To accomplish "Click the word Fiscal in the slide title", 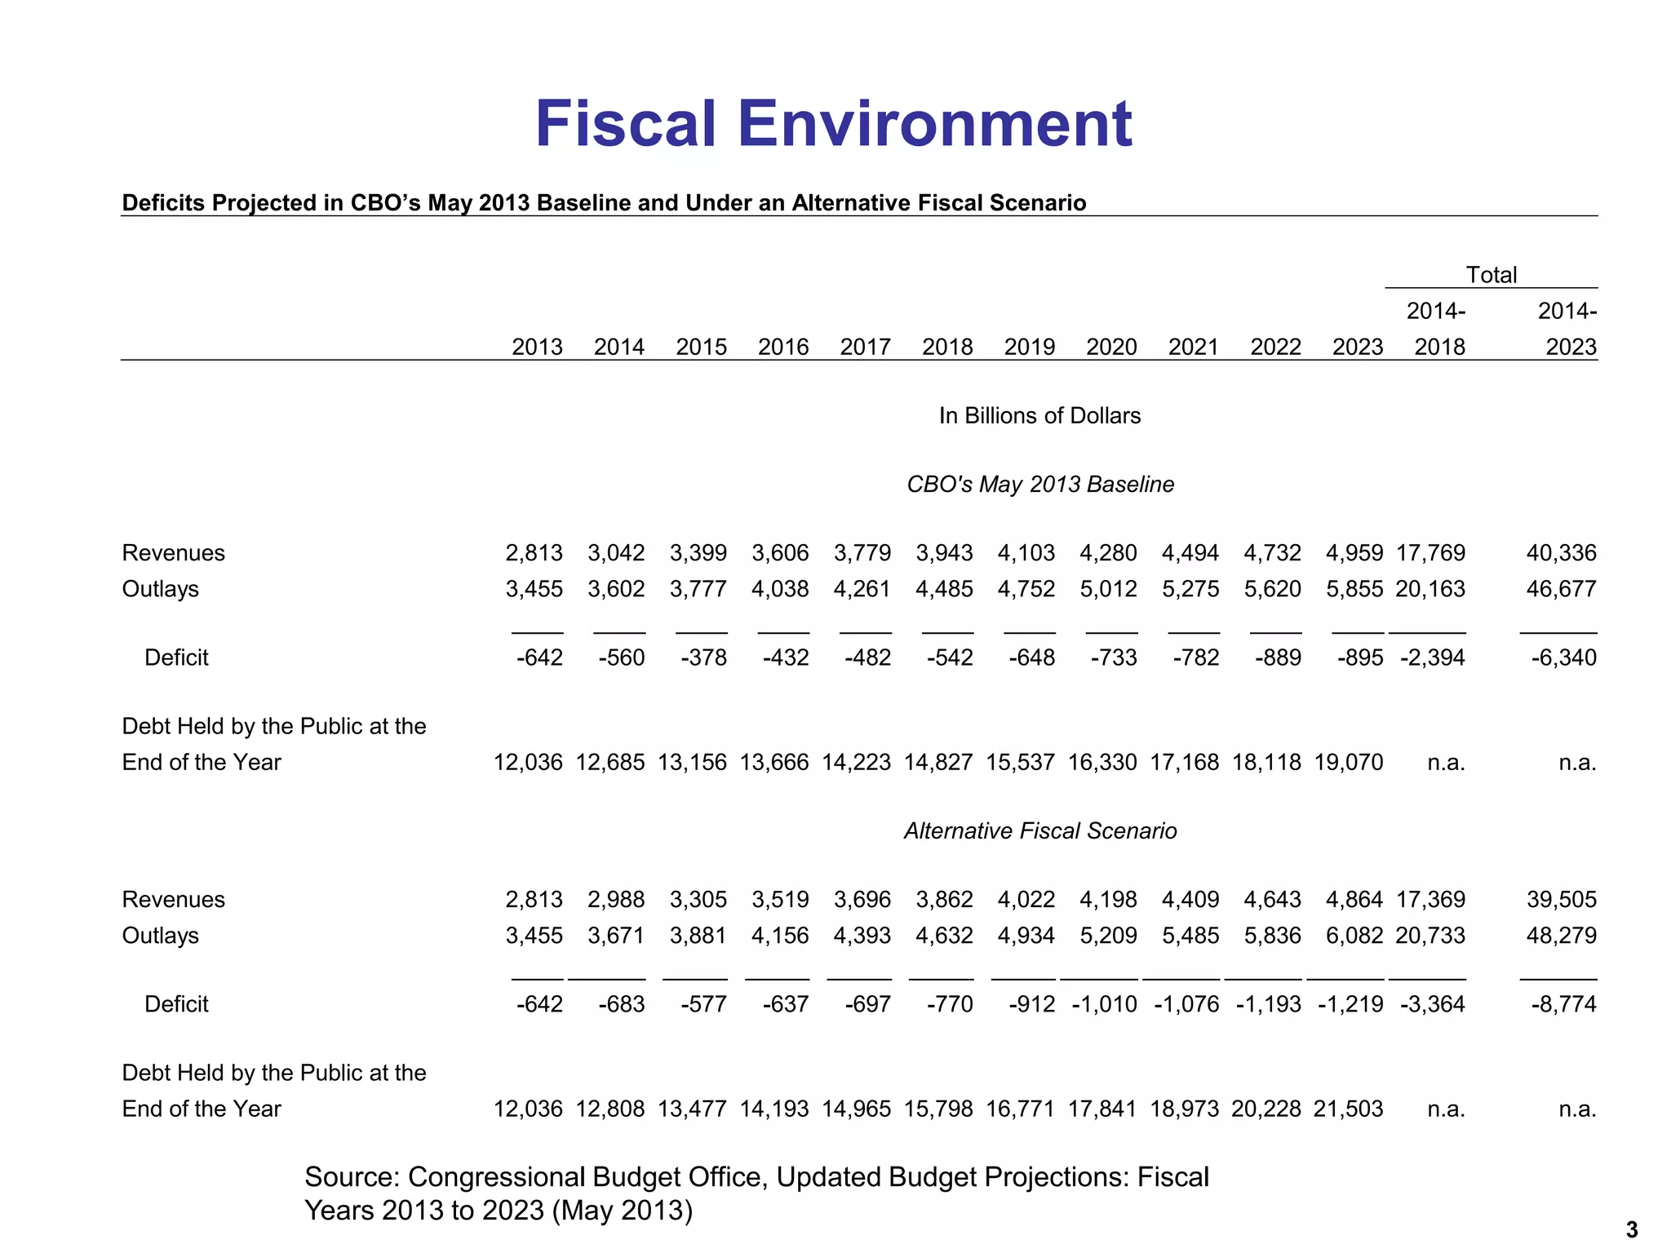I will (625, 124).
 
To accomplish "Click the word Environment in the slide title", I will (935, 124).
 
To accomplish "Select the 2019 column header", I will (1029, 348).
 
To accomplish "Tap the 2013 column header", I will (537, 348).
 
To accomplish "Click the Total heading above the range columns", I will (1491, 275).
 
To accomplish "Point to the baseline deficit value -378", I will (703, 657).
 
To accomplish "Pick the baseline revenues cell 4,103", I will (1026, 553).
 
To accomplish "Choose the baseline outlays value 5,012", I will (1108, 589).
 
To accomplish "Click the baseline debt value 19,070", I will (1348, 763).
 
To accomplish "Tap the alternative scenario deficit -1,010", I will (1104, 1004).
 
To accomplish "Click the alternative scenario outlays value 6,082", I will (1354, 936).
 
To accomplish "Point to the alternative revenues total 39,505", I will (1561, 900).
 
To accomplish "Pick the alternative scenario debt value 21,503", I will (1348, 1109).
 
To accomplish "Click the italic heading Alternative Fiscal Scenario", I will (1040, 831).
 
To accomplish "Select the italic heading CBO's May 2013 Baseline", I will (1040, 485).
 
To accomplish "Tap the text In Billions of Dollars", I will (1039, 416).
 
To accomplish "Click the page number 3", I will (1632, 1230).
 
